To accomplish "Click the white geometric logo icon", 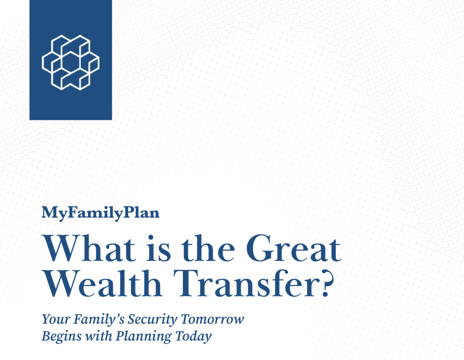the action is (70, 62).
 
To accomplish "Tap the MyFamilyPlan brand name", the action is (100, 213).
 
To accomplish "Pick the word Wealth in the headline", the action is (103, 283).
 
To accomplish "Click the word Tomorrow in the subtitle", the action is (213, 320).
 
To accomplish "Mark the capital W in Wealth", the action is (61, 283).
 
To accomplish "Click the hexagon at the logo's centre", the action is (71, 62).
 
